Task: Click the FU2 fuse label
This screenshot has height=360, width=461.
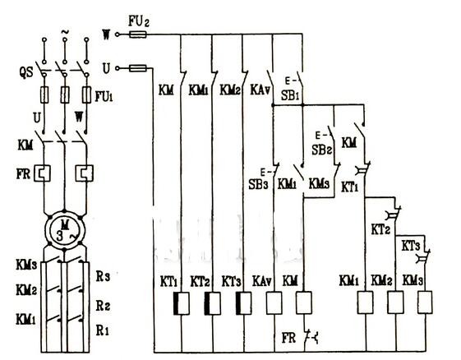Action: point(139,21)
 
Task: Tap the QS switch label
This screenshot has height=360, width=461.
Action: point(26,72)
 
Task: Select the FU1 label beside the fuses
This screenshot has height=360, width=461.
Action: point(104,96)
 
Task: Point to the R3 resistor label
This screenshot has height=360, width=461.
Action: point(103,276)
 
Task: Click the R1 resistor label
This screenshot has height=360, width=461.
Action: point(103,330)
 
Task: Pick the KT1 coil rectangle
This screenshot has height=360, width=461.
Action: point(182,303)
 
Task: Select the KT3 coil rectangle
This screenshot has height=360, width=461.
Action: point(243,303)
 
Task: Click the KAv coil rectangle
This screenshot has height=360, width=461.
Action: point(274,303)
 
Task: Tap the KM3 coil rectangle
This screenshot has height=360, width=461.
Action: point(425,302)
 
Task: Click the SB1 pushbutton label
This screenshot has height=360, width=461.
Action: point(290,95)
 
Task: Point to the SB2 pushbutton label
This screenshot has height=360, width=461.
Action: point(321,150)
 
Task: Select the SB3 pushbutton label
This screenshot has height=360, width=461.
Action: point(258,184)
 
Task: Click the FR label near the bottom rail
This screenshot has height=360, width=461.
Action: point(288,338)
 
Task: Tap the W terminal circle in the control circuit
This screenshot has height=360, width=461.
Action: point(118,35)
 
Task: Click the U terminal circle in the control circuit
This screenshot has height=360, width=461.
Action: point(118,68)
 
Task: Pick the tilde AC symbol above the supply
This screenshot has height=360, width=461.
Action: point(65,31)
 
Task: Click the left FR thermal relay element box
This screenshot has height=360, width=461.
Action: point(43,173)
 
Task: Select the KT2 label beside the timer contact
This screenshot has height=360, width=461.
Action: point(380,229)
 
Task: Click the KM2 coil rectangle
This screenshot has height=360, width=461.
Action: point(395,302)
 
